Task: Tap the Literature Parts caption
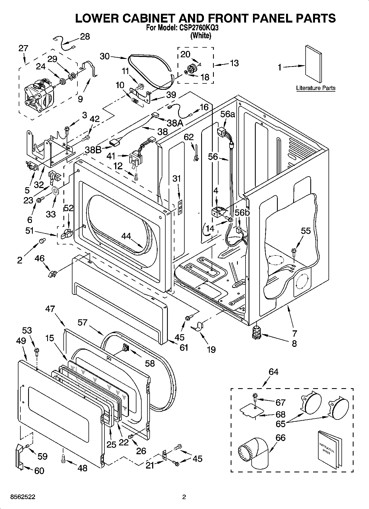pyautogui.click(x=316, y=88)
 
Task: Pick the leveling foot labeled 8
pyautogui.click(x=257, y=332)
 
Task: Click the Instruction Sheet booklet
pyautogui.click(x=329, y=451)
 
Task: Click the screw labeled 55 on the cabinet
pyautogui.click(x=294, y=251)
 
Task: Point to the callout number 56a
pyautogui.click(x=227, y=114)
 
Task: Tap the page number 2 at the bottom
pyautogui.click(x=184, y=497)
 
